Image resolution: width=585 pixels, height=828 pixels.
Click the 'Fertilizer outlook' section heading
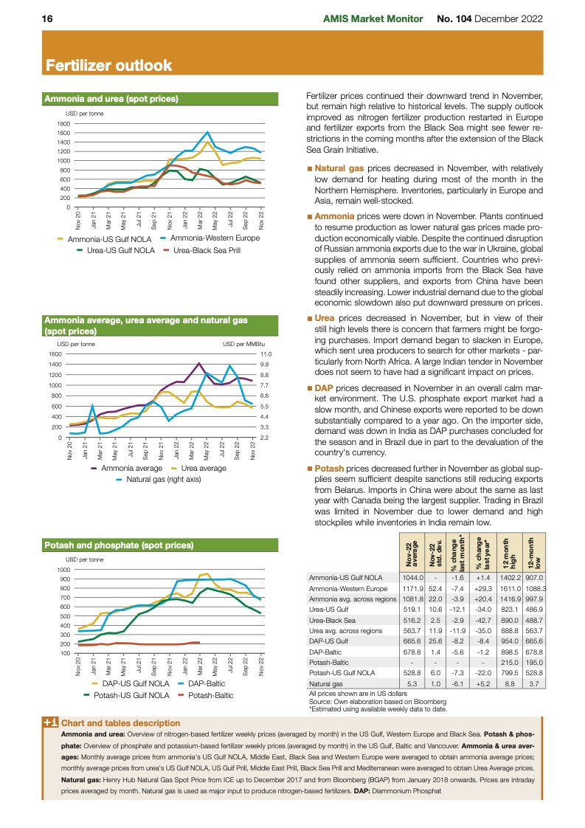[x=108, y=66]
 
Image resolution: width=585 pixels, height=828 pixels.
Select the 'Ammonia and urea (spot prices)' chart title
[x=111, y=98]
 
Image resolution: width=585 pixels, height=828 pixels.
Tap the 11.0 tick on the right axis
[x=266, y=355]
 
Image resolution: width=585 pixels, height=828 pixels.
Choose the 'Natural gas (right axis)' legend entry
[x=163, y=479]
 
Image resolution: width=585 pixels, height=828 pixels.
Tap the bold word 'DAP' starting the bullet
[x=324, y=387]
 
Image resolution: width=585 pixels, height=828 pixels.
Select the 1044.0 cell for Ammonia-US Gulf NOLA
[x=411, y=578]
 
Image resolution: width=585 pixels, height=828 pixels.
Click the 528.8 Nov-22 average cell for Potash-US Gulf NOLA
[x=411, y=674]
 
